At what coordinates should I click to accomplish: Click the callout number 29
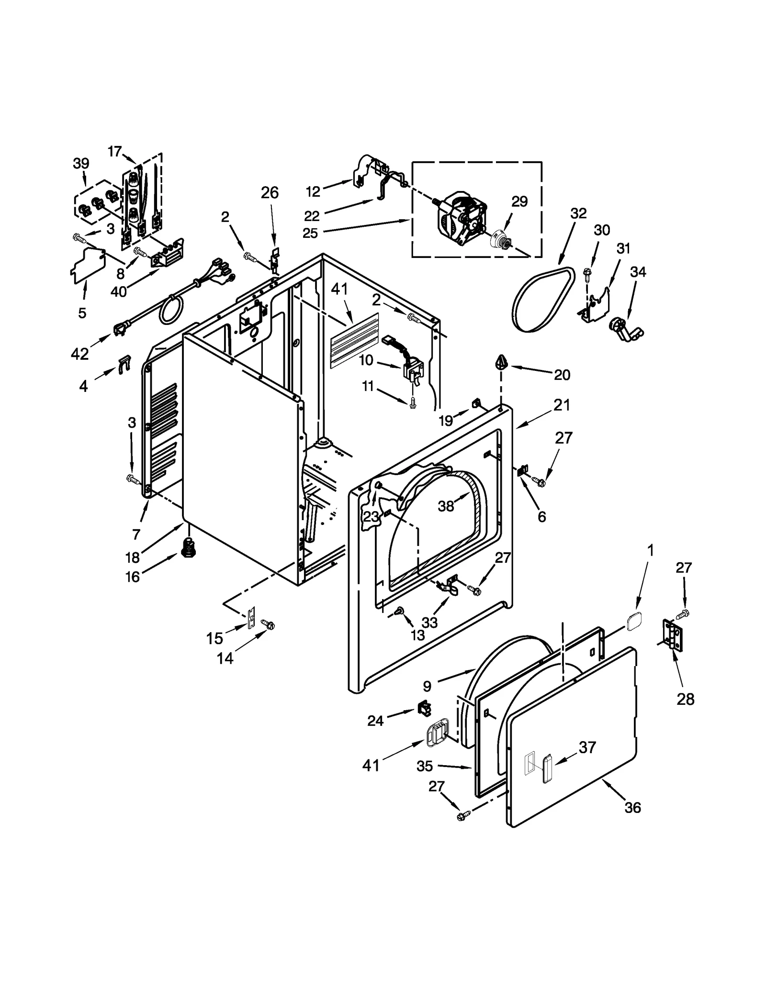(519, 201)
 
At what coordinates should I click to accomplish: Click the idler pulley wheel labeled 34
(620, 329)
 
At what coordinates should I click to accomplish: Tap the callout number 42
(79, 354)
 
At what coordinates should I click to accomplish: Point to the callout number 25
(310, 234)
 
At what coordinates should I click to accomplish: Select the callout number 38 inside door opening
(446, 506)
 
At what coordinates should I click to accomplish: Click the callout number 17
(115, 152)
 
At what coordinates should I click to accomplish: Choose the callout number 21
(562, 405)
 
